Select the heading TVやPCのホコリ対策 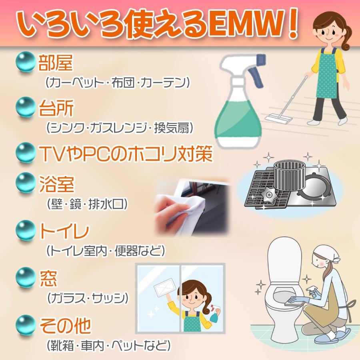click(124, 154)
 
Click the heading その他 click(65, 325)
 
